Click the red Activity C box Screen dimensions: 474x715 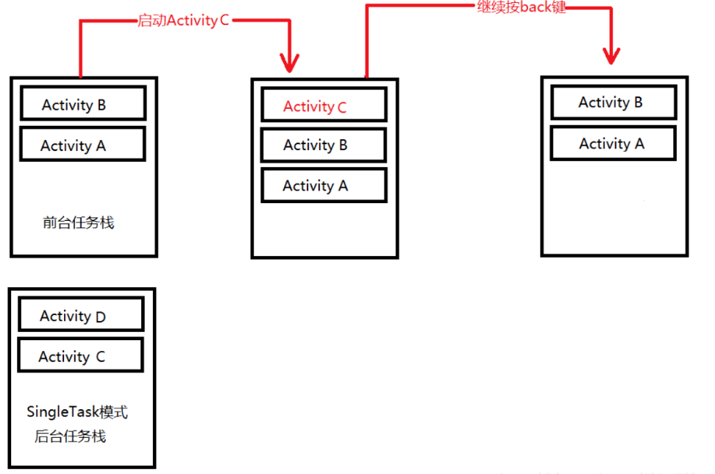(x=324, y=106)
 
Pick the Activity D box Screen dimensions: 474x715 (x=81, y=316)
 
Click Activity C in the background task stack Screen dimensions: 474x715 (x=80, y=357)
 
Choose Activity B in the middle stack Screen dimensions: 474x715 (x=324, y=145)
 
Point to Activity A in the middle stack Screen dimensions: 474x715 (x=324, y=185)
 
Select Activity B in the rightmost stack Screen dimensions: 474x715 (x=613, y=102)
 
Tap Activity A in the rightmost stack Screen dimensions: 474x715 (x=613, y=144)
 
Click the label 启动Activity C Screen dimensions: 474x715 (x=183, y=20)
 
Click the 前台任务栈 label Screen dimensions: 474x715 (x=79, y=222)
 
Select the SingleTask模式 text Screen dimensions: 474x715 (x=77, y=412)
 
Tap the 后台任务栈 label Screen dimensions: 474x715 (x=71, y=436)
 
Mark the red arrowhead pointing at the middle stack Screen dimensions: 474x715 (x=291, y=62)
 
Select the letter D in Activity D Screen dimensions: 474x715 (x=100, y=317)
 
